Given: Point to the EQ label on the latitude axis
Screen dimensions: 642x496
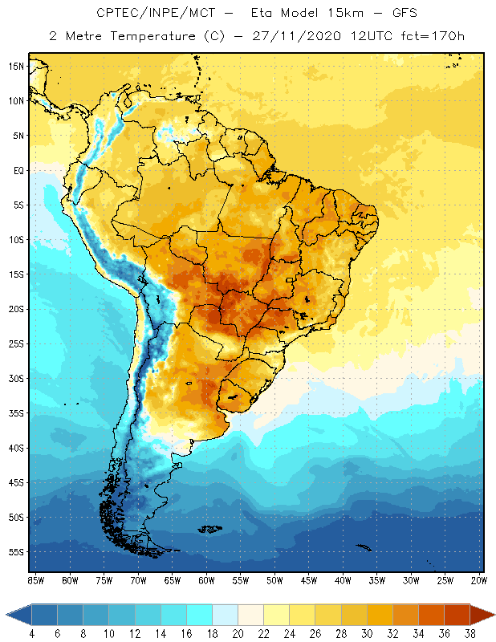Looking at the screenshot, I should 16,171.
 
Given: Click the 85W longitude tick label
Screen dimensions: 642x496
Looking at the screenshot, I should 35,579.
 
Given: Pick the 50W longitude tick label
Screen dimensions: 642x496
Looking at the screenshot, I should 274,579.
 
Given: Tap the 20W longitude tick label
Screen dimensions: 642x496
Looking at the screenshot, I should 479,579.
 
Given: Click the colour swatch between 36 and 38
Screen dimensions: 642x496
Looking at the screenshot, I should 457,615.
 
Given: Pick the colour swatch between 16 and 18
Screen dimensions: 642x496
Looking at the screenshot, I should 200,615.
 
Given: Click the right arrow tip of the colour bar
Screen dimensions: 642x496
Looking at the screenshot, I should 493,615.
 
